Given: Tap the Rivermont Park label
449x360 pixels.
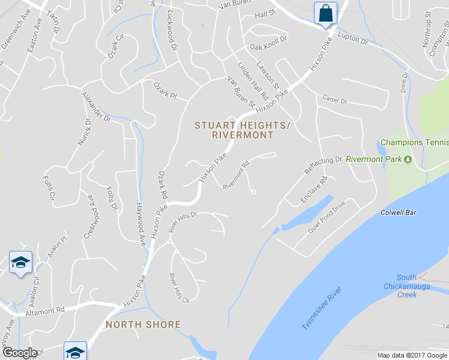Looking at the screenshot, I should click(375, 160).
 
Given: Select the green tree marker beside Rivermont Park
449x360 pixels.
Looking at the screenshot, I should click(408, 160).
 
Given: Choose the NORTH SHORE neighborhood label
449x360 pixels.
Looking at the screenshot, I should click(143, 325).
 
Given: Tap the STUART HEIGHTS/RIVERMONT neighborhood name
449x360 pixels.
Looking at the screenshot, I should click(242, 130).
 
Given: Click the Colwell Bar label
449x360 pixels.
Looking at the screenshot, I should click(399, 212).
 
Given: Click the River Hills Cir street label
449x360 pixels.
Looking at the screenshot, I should click(179, 288).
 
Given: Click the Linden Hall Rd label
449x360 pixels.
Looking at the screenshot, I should click(252, 80).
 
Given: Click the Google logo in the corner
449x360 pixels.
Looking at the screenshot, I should click(20, 352).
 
